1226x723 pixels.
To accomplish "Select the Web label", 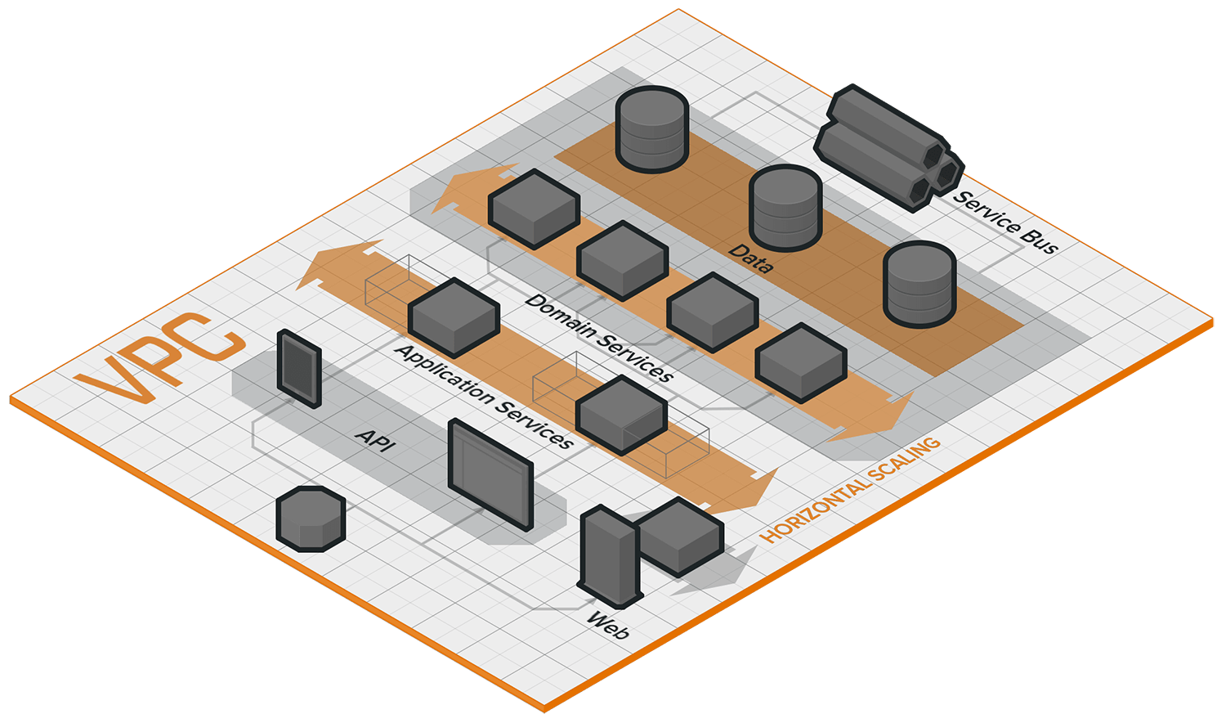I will (608, 626).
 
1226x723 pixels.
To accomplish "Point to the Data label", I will (751, 257).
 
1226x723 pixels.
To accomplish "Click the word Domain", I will (563, 318).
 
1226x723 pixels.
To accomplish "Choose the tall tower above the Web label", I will (608, 556).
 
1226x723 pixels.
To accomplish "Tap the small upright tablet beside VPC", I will (298, 368).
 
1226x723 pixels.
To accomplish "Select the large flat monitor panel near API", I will (490, 474).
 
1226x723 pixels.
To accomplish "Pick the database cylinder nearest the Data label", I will (785, 209).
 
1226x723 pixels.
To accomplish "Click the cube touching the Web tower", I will (680, 536).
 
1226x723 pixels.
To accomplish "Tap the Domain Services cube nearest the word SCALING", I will (800, 362).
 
